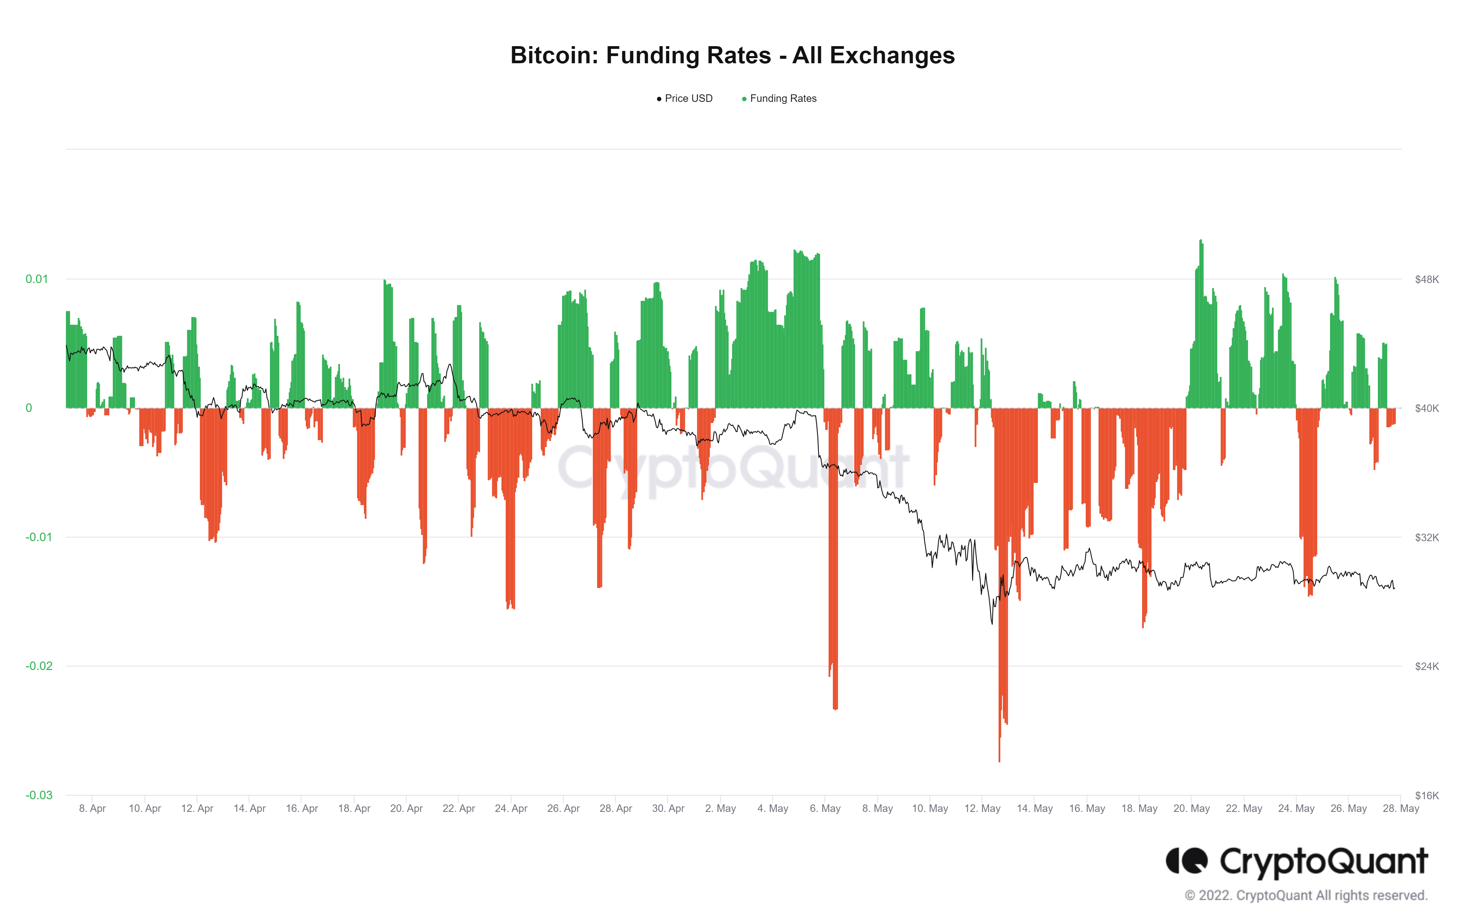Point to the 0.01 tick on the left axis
[x=37, y=279]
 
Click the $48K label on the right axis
[x=1427, y=279]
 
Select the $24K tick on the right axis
[x=1427, y=666]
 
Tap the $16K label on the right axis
[x=1427, y=795]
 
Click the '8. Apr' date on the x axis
[x=93, y=808]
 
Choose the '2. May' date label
[x=720, y=808]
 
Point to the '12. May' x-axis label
[x=982, y=808]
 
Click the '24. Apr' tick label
[x=511, y=808]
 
